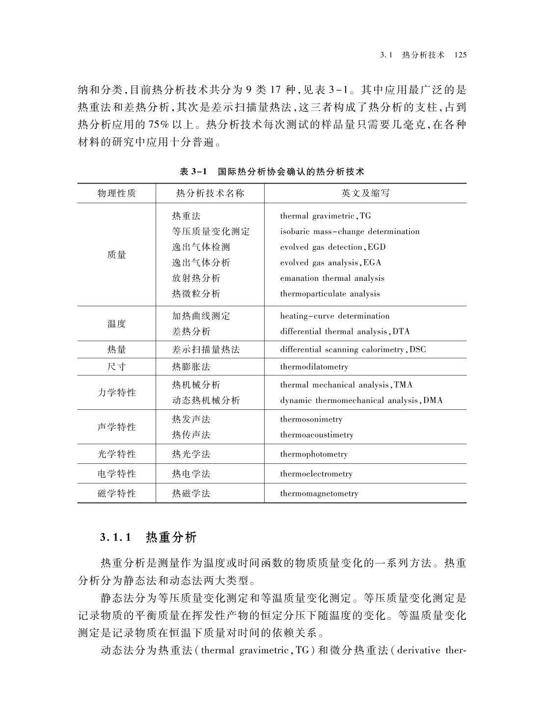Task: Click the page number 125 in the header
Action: coord(460,55)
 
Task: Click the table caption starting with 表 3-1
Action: coord(272,172)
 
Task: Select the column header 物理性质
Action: coord(117,193)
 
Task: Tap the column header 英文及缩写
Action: coord(365,193)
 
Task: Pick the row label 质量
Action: coord(117,255)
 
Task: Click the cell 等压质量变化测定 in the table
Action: coord(211,232)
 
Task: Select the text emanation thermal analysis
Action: coord(332,278)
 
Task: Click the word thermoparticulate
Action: coord(314,294)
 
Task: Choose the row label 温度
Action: coord(117,323)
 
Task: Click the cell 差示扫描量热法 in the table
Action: coord(206,349)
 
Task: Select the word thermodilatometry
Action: coord(314,367)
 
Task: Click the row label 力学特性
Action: coord(117,393)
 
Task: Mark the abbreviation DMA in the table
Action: coord(433,401)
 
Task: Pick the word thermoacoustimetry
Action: coord(317,435)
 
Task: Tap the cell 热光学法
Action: coord(191,455)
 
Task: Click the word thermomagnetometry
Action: coord(319,494)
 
